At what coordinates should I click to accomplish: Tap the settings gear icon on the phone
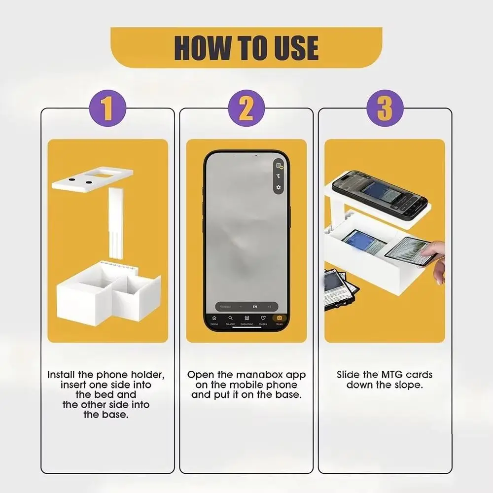pos(279,187)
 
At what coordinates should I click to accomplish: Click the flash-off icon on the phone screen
pos(279,176)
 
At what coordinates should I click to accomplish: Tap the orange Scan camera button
pos(280,318)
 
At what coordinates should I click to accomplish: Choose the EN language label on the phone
pos(255,307)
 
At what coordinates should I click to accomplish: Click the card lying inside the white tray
pos(363,242)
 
